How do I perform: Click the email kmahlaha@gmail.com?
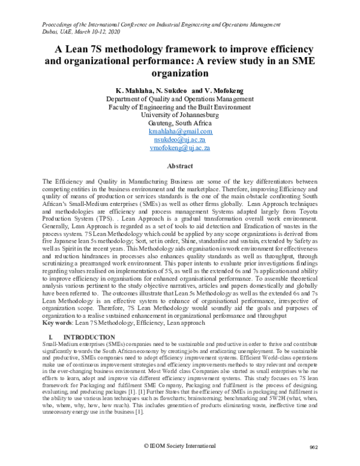coord(180,131)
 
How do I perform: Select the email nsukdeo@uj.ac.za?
coord(180,139)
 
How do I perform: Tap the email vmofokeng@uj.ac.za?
coord(180,147)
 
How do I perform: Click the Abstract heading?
coord(180,165)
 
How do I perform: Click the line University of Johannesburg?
coord(180,114)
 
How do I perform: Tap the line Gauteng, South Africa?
coord(180,123)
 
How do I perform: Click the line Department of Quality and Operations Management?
coord(180,98)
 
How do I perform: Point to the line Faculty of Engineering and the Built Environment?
coord(180,106)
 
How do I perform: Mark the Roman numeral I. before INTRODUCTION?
coord(51,337)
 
